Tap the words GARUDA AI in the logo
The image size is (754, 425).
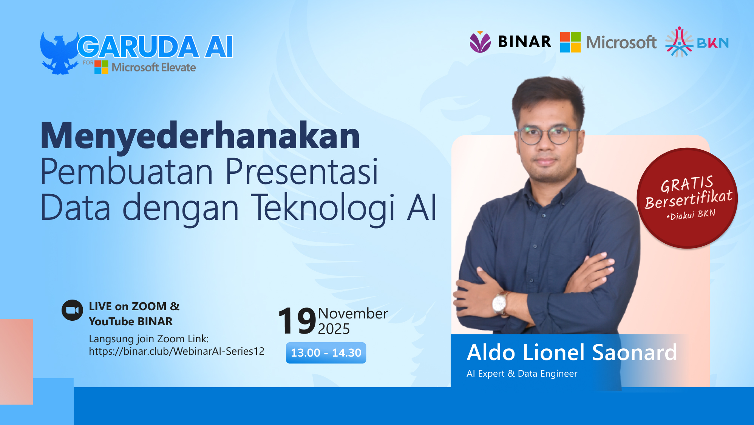[155, 47]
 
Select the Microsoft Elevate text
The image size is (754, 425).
[153, 68]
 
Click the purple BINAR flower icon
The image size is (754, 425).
[480, 42]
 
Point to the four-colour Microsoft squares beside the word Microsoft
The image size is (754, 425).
[570, 42]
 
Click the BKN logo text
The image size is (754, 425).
[712, 43]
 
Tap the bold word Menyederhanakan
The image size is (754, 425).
[200, 136]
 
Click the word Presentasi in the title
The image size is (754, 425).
[301, 172]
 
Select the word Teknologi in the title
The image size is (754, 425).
[323, 207]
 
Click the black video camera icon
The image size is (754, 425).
[72, 310]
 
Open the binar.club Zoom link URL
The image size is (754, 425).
[176, 351]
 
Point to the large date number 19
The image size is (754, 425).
[297, 321]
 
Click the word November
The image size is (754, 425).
[353, 314]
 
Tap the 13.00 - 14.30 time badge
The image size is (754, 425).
[326, 353]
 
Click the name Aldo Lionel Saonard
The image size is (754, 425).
[572, 352]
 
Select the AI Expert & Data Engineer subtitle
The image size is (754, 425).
[522, 374]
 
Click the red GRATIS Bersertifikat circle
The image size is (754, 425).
[687, 198]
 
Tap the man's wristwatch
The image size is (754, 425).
[499, 303]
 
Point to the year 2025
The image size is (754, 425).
[334, 329]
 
